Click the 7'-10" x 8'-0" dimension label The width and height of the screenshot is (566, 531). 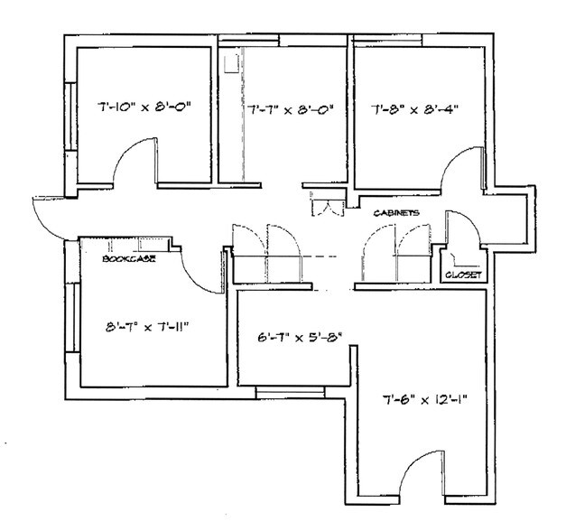(x=145, y=108)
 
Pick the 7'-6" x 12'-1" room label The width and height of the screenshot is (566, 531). (x=424, y=397)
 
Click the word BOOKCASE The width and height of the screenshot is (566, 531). (x=127, y=259)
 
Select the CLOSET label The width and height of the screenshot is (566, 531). (x=465, y=273)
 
